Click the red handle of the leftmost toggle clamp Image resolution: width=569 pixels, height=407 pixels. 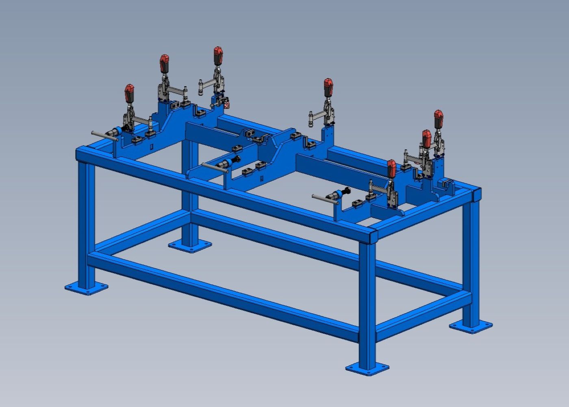[x=129, y=94]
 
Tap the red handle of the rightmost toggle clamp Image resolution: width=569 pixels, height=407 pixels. [x=438, y=118]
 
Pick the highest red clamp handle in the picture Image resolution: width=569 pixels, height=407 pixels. [x=218, y=56]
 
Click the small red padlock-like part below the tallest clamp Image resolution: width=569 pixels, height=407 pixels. [x=227, y=105]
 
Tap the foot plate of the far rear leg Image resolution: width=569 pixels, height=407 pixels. [x=190, y=245]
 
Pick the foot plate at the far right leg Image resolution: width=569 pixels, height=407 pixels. [x=471, y=325]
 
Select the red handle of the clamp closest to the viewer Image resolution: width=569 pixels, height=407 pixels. [x=391, y=168]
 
